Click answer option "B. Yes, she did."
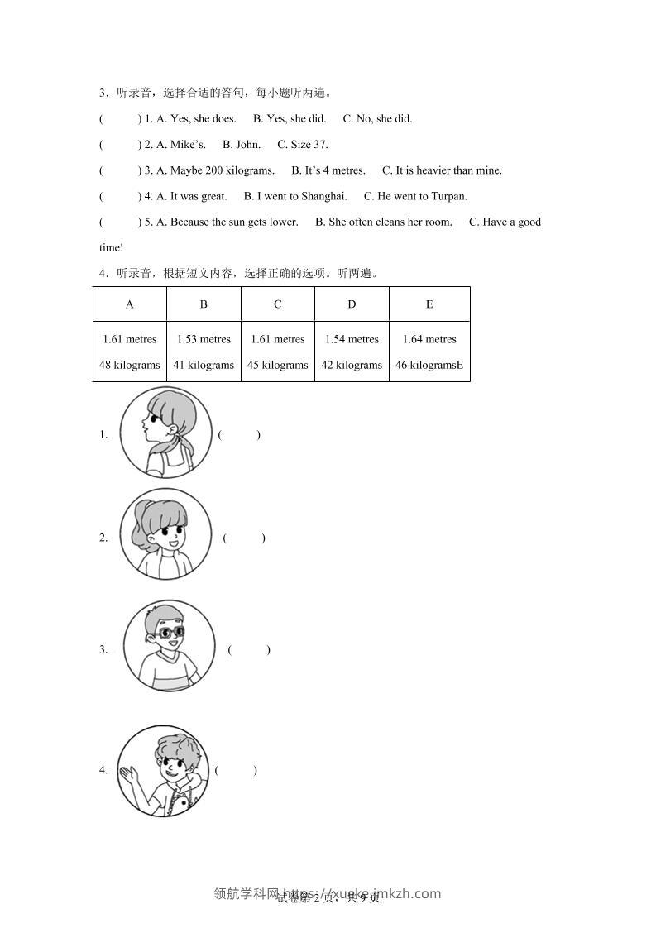(290, 118)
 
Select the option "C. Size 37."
(303, 144)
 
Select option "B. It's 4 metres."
(328, 170)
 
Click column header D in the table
(352, 304)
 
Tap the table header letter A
(130, 304)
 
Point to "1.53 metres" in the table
(204, 339)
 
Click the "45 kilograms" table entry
(277, 365)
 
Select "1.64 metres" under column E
(429, 339)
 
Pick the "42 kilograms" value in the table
(352, 365)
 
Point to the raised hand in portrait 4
(128, 776)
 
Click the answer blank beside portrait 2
(244, 538)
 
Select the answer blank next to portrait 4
(236, 770)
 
